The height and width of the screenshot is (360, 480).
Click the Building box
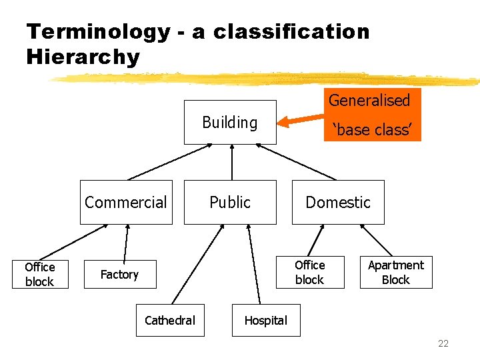230,123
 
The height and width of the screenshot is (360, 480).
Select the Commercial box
126,202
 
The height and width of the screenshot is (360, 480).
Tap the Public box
230,202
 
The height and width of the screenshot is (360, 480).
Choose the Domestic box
338,202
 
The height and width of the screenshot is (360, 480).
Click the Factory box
119,274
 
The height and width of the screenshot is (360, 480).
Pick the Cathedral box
170,321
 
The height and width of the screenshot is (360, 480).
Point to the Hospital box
265,321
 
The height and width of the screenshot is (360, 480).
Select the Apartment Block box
396,272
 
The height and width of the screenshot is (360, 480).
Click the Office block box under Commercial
39,274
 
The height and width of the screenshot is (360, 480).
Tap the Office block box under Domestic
310,272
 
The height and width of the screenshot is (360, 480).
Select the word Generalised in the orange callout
369,101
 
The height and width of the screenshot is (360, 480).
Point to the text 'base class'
373,130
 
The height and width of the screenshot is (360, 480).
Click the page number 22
443,344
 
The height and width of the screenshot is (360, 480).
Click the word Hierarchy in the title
83,57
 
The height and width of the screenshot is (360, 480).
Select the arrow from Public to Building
231,162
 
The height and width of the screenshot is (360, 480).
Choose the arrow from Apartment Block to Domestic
376,240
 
